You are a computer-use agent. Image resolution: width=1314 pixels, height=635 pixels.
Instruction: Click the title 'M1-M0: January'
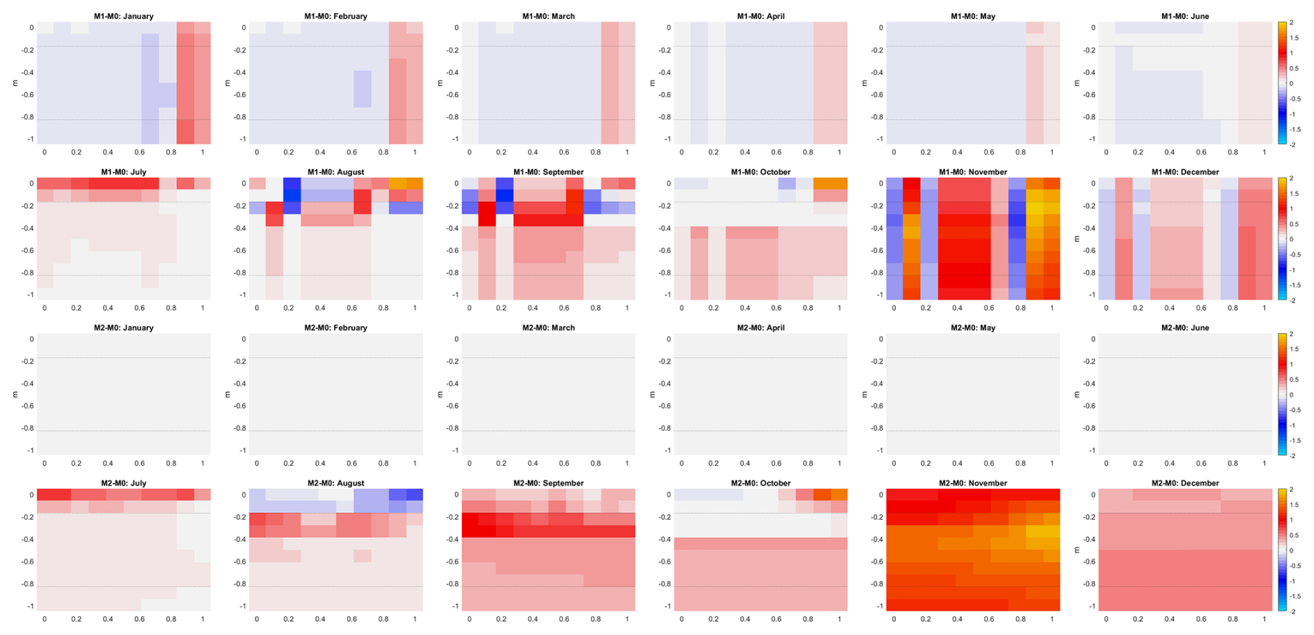[x=124, y=16]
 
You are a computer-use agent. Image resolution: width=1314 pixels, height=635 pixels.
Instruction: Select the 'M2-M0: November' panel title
[x=973, y=483]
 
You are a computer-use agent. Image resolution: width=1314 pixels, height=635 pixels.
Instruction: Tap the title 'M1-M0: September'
[x=548, y=172]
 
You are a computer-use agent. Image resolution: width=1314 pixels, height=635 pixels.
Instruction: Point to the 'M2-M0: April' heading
[x=760, y=328]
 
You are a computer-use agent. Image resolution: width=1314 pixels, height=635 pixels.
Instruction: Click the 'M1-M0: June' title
[x=1186, y=16]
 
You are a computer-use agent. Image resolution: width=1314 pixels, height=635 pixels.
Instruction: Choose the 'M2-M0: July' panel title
[x=124, y=483]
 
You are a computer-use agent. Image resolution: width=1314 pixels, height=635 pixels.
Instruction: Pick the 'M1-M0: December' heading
[x=1186, y=172]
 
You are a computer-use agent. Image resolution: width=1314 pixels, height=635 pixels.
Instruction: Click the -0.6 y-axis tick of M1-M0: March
[x=453, y=95]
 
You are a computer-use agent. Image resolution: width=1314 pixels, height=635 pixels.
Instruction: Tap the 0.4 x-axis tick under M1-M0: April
[x=745, y=152]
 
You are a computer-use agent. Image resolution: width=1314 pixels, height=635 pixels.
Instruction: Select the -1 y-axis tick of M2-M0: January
[x=30, y=450]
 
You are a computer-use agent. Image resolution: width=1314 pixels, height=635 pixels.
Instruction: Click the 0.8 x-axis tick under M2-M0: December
[x=1233, y=619]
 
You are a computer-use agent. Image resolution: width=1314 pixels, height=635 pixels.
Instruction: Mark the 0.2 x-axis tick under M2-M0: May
[x=926, y=463]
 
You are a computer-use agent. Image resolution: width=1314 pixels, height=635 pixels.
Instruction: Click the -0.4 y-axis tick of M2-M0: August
[x=240, y=539]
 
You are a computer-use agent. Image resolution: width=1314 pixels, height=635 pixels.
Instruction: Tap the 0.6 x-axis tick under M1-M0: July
[x=140, y=307]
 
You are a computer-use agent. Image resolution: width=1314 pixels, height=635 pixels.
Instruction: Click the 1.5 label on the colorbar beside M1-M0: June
[x=1292, y=38]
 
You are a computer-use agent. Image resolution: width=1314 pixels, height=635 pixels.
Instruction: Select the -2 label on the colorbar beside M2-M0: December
[x=1292, y=611]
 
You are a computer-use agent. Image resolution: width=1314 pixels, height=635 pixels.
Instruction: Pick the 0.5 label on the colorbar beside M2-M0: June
[x=1292, y=380]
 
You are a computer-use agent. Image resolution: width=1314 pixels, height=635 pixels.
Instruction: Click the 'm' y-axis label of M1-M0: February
[x=227, y=83]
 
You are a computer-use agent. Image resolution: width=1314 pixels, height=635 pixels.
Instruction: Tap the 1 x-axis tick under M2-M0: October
[x=840, y=619]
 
